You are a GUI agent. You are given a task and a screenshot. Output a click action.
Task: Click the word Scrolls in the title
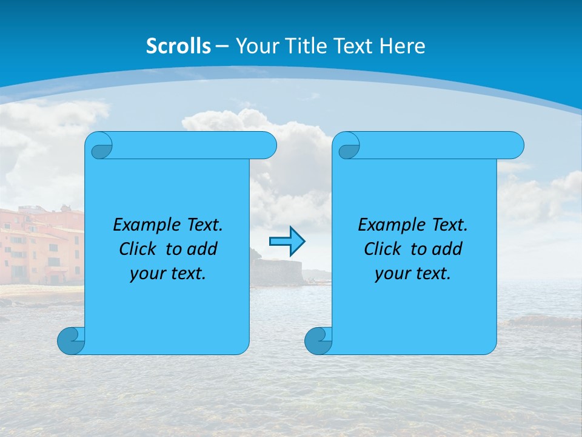click(x=178, y=46)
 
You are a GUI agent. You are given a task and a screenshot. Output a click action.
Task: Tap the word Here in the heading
click(x=402, y=46)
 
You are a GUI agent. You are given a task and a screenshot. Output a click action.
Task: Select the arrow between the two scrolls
click(x=287, y=242)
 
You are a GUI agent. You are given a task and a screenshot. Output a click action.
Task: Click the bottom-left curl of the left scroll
click(x=72, y=340)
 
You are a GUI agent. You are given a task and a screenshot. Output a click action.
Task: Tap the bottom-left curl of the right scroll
click(x=318, y=340)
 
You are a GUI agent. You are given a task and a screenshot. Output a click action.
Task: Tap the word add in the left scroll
click(x=202, y=249)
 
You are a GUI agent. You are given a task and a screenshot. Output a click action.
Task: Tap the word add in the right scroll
click(x=447, y=249)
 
